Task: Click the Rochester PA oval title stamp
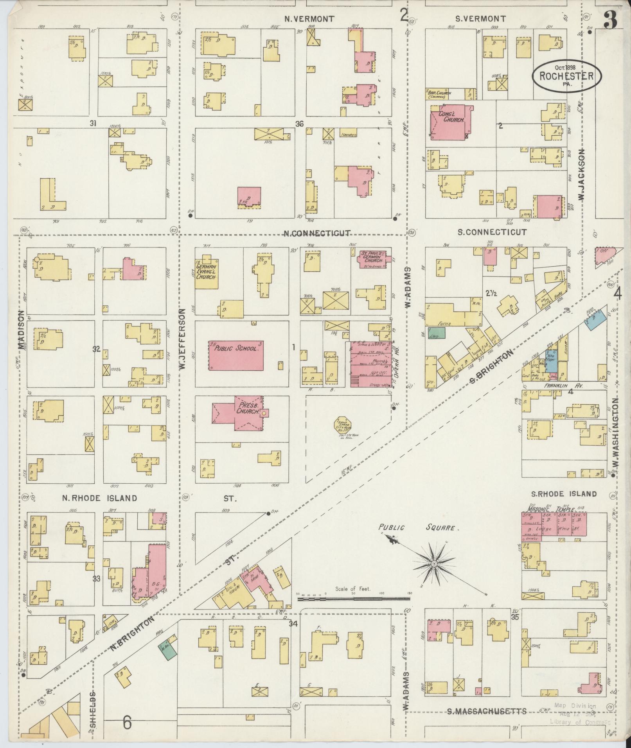click(566, 75)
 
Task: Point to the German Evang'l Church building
click(207, 272)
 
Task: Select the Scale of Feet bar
click(353, 609)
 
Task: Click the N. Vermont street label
click(309, 18)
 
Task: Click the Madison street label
click(21, 330)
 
